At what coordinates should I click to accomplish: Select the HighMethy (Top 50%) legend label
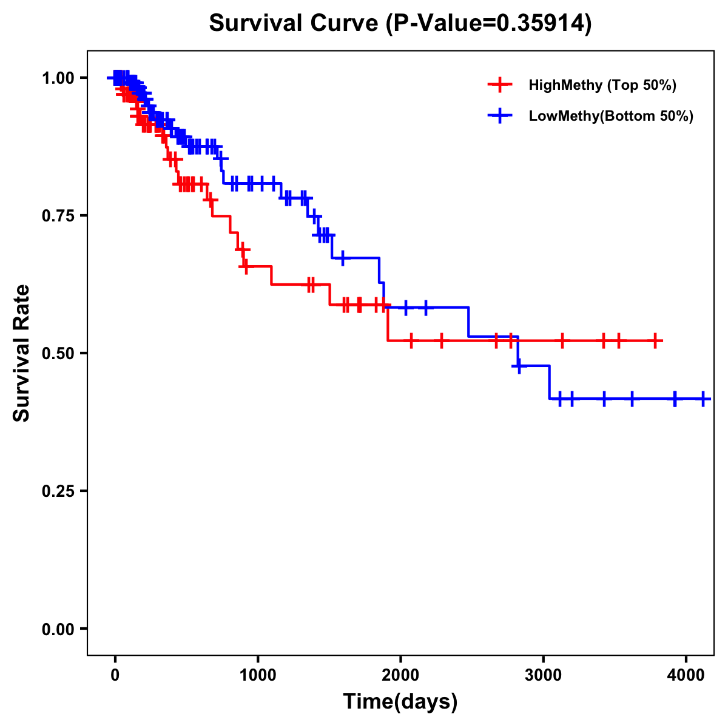click(602, 85)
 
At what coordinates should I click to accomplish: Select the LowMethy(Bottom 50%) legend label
click(611, 116)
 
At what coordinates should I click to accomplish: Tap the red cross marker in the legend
click(500, 85)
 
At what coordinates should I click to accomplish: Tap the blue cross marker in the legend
click(500, 116)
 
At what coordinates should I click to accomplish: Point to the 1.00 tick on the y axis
click(58, 78)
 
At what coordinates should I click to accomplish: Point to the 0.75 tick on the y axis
click(58, 216)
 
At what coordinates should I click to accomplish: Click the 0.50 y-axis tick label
click(58, 354)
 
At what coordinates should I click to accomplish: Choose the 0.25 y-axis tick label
click(58, 491)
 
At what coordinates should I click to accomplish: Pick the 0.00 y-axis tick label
click(58, 629)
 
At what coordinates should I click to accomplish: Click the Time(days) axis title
click(400, 701)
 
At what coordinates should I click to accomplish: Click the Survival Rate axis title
click(22, 353)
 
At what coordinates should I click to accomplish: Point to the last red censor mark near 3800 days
click(656, 341)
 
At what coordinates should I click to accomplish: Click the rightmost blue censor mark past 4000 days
click(703, 399)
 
